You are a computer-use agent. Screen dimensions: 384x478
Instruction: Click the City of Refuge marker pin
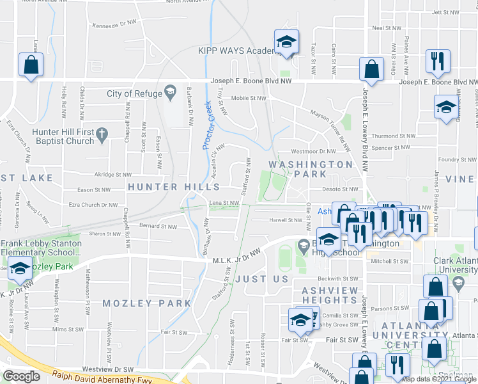point(171,93)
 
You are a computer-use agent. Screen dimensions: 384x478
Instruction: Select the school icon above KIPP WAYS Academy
point(286,42)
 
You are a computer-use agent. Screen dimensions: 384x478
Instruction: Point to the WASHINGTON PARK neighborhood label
point(310,164)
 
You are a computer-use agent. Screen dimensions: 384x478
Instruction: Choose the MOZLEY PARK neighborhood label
point(147,303)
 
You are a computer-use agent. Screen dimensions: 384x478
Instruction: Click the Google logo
point(22,376)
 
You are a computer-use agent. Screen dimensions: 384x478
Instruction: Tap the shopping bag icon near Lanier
point(31,65)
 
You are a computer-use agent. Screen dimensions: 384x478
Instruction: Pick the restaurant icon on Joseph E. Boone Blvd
point(438,61)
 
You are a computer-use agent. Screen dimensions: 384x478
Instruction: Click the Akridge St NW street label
point(112,174)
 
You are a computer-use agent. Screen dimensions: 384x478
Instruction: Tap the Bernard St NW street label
point(158,226)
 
